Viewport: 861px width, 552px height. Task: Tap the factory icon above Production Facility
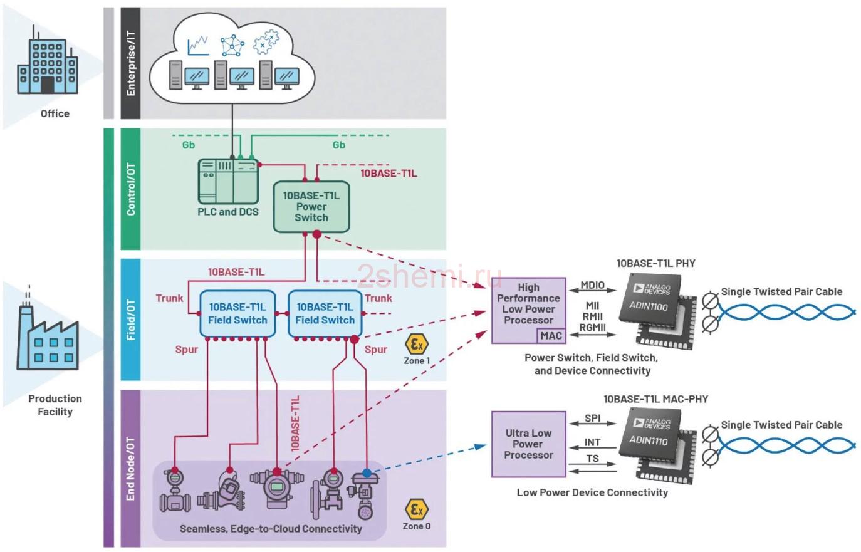click(x=47, y=334)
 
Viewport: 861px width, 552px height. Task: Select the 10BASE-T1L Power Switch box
click(x=311, y=207)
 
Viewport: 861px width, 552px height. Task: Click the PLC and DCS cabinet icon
click(x=228, y=182)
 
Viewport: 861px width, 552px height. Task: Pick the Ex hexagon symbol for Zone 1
click(x=417, y=344)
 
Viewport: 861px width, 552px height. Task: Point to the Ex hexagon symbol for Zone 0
click(x=417, y=509)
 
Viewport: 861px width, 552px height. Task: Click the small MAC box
click(x=551, y=336)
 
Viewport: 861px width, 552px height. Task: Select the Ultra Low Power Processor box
click(x=528, y=444)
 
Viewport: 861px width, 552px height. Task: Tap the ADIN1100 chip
click(x=657, y=311)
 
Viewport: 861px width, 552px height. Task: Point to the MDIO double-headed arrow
click(x=592, y=291)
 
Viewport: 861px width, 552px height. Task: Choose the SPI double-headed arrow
click(x=592, y=424)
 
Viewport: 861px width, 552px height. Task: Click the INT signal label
click(x=592, y=442)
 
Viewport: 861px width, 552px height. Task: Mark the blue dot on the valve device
click(x=367, y=473)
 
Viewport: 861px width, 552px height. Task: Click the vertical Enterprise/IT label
click(x=131, y=63)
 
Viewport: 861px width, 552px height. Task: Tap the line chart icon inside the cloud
click(x=198, y=46)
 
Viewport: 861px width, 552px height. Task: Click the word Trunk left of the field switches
click(x=170, y=298)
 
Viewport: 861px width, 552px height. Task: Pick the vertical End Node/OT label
click(x=131, y=469)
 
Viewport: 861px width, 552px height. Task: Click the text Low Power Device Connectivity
click(x=592, y=492)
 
